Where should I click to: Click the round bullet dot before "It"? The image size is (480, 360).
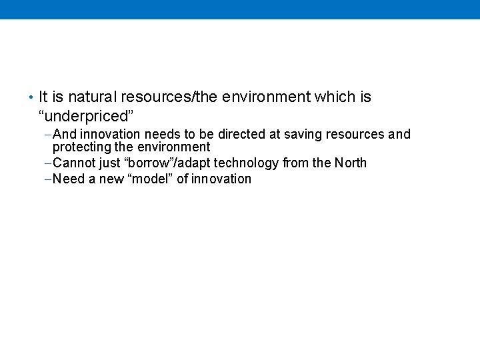(x=31, y=98)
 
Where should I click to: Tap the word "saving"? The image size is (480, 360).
(x=303, y=135)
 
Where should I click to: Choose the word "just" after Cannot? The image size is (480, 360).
(x=110, y=163)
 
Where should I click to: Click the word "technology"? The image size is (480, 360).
(x=246, y=163)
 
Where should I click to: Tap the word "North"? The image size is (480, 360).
(x=350, y=163)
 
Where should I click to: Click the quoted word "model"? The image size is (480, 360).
(x=149, y=179)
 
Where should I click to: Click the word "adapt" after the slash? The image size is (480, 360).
(x=194, y=163)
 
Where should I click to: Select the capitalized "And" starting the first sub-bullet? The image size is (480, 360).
(x=65, y=135)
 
